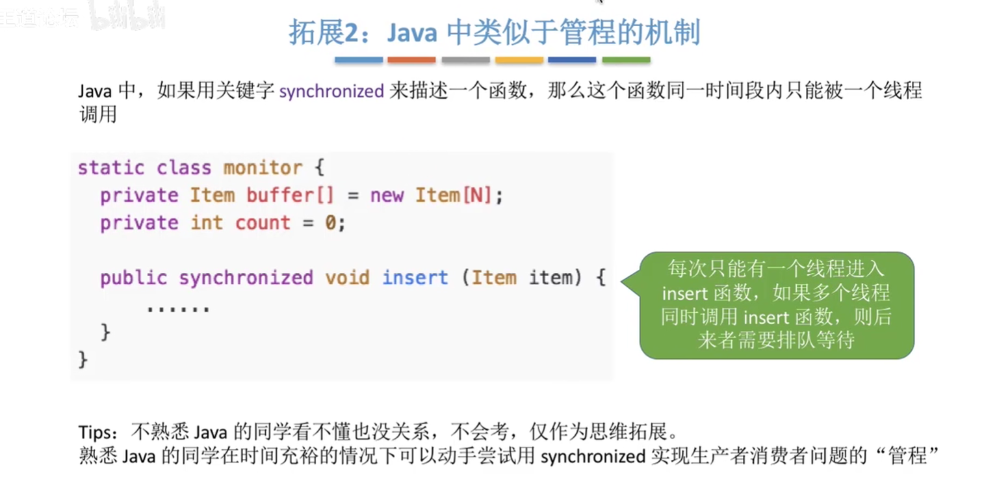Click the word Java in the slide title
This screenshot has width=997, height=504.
point(411,33)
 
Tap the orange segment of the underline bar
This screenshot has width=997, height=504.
point(411,60)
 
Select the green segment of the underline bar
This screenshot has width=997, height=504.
point(627,60)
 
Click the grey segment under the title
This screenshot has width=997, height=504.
point(465,60)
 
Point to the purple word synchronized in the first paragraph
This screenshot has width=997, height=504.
point(331,92)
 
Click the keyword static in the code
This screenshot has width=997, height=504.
point(111,168)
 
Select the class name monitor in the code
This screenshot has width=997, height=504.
point(263,168)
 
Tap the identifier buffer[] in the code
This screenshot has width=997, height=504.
point(290,196)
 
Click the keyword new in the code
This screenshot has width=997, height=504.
point(387,196)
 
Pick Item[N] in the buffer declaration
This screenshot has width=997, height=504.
point(453,196)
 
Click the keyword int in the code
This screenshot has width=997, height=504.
point(207,222)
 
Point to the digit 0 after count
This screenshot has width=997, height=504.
point(330,222)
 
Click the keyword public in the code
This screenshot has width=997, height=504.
point(133,278)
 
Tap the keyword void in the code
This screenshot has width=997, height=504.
point(347,278)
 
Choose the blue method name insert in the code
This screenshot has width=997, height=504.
point(415,278)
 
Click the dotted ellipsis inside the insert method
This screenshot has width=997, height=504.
point(178,308)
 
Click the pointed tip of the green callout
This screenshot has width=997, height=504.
point(621,282)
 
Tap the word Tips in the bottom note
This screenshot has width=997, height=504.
point(95,432)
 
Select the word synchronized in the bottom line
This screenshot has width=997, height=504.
point(593,457)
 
